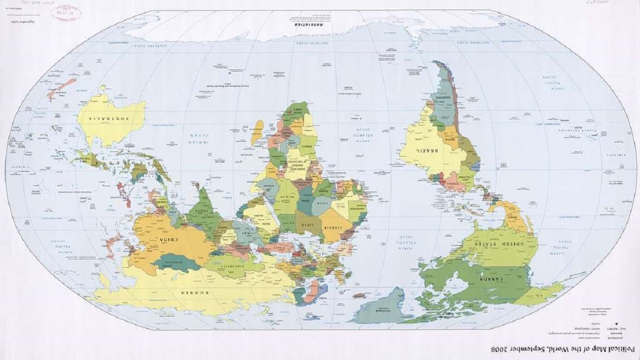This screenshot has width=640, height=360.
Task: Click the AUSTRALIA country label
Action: [110, 119]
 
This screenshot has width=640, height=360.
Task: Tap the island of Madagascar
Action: [258, 132]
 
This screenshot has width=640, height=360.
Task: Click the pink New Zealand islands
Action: [61, 88]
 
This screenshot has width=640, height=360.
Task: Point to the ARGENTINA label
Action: [442, 99]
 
